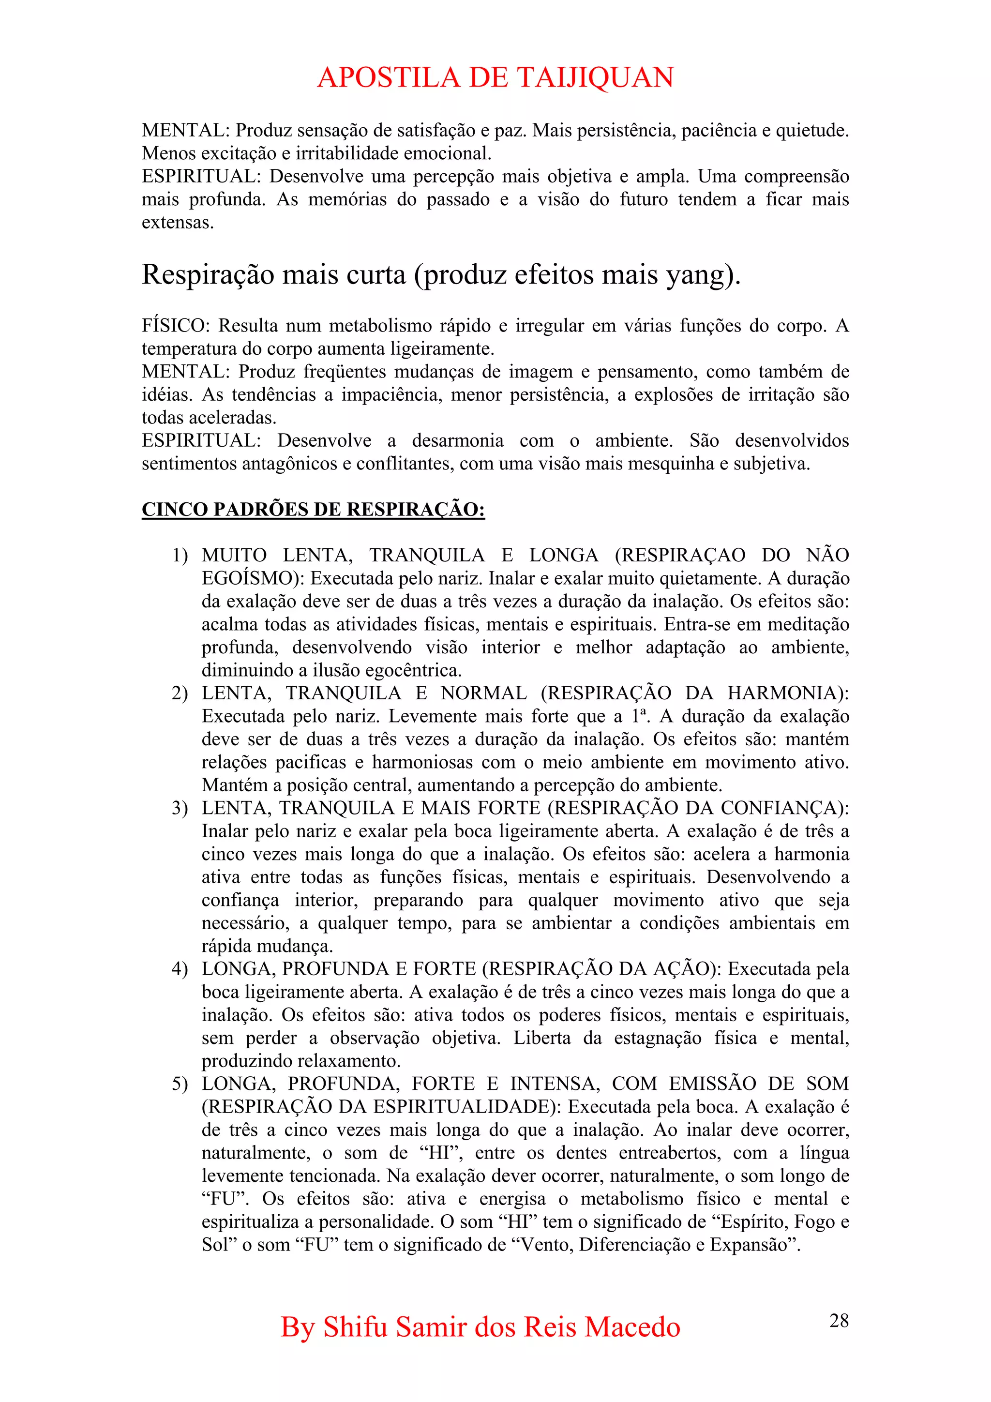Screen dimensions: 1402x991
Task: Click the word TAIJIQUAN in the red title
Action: pos(595,77)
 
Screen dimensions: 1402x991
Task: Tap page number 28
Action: pos(839,1321)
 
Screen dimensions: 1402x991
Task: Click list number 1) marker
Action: pos(180,556)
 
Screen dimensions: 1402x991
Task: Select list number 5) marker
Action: pos(180,1084)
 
